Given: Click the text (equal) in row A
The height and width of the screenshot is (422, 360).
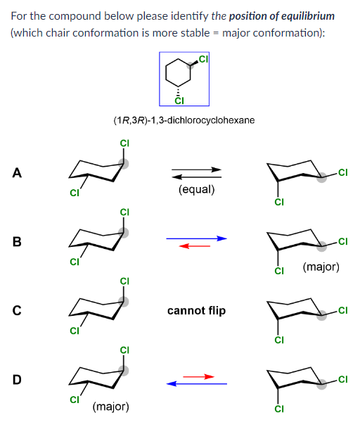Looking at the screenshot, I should click(197, 190).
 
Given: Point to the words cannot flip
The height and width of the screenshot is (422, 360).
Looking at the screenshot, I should click(197, 310).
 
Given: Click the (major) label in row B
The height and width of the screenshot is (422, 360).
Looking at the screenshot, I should click(321, 267).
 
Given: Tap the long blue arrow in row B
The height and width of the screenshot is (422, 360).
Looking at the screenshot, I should click(197, 238).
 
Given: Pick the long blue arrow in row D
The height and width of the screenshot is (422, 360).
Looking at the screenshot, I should click(197, 384).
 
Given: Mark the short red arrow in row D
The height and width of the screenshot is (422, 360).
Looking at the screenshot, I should click(198, 377).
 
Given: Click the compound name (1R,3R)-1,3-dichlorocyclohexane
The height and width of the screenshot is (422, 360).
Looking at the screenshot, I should click(184, 120).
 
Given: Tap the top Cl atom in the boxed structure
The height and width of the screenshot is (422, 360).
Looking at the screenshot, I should click(203, 58).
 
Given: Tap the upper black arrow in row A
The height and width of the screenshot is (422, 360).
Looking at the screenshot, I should click(197, 169).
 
